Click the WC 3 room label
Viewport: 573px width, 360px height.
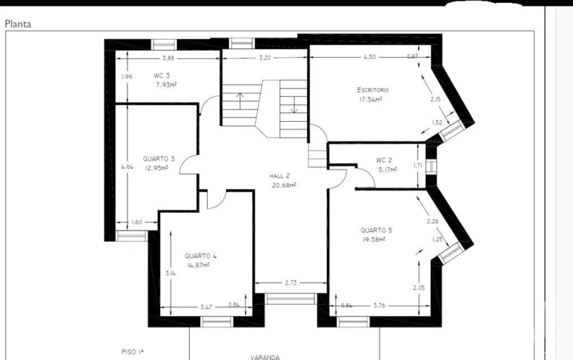[161, 75]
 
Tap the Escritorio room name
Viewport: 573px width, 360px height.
[373, 90]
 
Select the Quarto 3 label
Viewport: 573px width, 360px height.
[159, 159]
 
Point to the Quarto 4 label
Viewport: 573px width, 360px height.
[200, 255]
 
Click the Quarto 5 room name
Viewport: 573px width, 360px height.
[376, 230]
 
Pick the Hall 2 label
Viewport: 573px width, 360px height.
[279, 176]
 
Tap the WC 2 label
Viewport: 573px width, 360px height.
[384, 160]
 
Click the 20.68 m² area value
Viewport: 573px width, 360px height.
[284, 185]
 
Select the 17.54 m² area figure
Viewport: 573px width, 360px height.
[371, 100]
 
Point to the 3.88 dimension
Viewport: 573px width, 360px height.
[168, 58]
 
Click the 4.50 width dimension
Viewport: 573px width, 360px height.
[370, 57]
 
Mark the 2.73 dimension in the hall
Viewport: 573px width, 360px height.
[291, 282]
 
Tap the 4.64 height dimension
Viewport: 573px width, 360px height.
[127, 166]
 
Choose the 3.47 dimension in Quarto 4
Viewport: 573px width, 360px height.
[206, 307]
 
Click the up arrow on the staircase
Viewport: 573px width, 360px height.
[240, 101]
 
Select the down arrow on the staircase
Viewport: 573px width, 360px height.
[294, 105]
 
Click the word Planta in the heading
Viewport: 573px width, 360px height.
[18, 24]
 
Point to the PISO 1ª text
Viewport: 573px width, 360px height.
[133, 351]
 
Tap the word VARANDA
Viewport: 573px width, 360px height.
[265, 357]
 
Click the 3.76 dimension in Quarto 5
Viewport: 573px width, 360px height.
[380, 305]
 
